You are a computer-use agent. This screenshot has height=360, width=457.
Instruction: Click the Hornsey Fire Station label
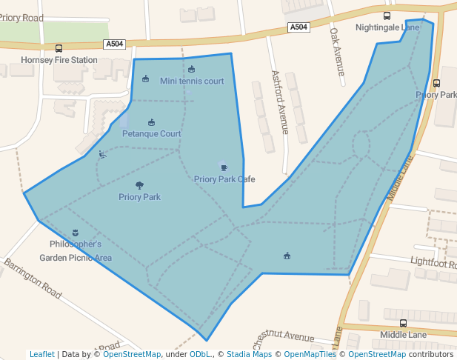tap(59, 60)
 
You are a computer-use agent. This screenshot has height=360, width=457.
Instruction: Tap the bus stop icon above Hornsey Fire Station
tap(59, 48)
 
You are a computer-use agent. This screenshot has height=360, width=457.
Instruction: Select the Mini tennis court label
tap(192, 81)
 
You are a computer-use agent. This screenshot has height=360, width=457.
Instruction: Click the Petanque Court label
tap(151, 134)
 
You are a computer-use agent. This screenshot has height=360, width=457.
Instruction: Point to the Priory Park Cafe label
tap(224, 179)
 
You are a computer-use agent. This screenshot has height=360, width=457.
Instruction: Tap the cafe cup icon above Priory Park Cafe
tap(224, 167)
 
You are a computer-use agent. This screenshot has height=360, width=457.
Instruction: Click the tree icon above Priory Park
tap(139, 186)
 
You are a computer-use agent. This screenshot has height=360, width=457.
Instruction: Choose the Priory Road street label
tap(21, 16)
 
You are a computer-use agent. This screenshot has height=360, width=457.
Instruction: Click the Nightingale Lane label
tap(387, 27)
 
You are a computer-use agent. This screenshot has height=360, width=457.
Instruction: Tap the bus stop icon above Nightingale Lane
tap(387, 16)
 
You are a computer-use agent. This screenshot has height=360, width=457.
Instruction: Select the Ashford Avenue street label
tap(279, 102)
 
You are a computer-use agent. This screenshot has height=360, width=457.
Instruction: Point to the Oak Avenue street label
tap(337, 52)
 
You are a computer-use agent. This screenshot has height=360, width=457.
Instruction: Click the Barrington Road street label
tap(32, 279)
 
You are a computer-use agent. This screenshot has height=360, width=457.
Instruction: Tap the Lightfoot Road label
tap(433, 263)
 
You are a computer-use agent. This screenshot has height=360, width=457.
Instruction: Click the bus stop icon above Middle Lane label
tap(403, 324)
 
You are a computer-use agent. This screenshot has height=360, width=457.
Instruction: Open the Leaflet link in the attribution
tap(41, 354)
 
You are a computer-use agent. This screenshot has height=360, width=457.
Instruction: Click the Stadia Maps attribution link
tap(249, 354)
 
